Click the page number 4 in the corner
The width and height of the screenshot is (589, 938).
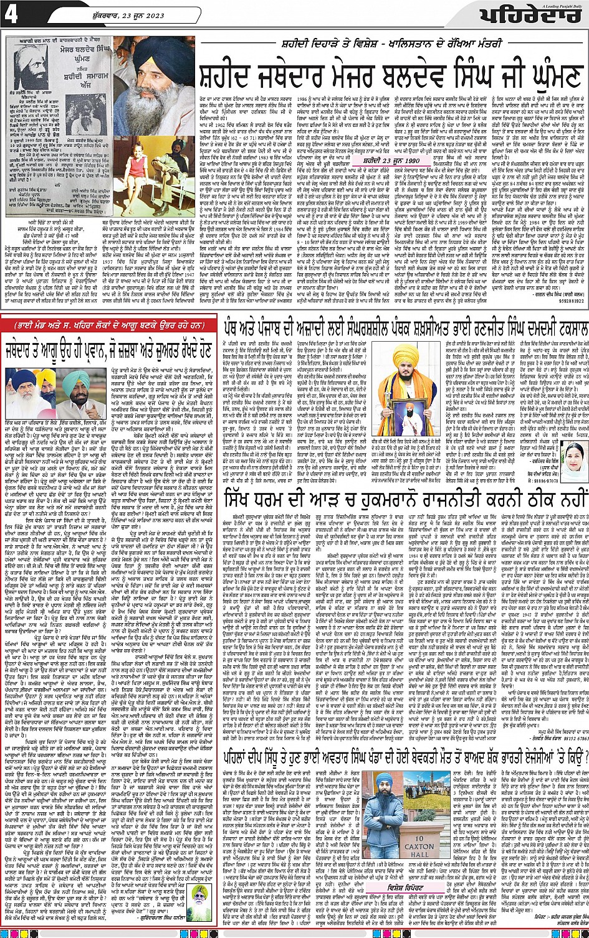point(12,14)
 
